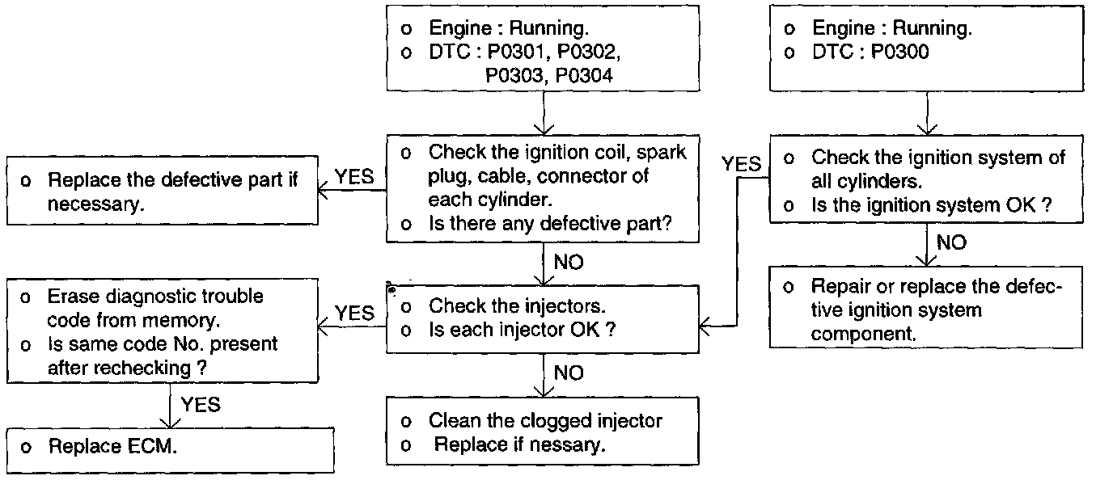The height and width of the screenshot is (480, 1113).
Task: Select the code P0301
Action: point(523,53)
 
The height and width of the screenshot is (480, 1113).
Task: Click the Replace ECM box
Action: point(171,446)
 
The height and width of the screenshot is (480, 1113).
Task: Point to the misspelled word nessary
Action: point(570,444)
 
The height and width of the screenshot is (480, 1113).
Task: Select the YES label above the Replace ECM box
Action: point(201,404)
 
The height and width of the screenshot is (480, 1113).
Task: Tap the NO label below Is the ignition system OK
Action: point(951,242)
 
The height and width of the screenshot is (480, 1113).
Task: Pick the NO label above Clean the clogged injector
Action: point(569,373)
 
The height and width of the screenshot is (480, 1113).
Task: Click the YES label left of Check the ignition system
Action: point(742,164)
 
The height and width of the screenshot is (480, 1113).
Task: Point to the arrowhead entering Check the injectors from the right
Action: point(704,326)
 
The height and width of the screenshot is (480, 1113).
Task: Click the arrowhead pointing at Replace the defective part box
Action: point(323,192)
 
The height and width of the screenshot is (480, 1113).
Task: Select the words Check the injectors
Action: point(518,306)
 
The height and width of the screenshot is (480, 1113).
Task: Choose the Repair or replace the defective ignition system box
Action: point(925,310)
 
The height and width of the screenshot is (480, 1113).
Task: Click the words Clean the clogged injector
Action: point(545,421)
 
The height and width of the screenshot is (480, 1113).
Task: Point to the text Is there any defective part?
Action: point(550,223)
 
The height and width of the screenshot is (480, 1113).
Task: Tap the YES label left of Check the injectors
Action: point(354,313)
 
